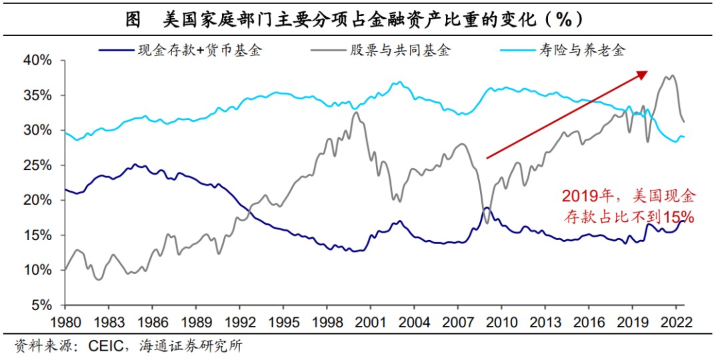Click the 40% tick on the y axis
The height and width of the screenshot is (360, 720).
(38, 60)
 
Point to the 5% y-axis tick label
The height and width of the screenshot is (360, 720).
(41, 305)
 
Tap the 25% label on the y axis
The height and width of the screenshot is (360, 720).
(38, 165)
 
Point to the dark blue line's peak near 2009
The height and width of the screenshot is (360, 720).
(487, 208)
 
